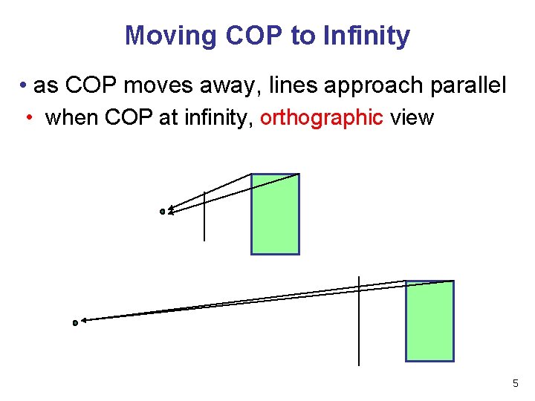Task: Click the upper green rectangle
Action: [x=275, y=214]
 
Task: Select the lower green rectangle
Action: [x=429, y=321]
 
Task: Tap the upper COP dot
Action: [x=163, y=212]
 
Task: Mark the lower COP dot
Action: [x=75, y=323]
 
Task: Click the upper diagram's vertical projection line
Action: [x=204, y=219]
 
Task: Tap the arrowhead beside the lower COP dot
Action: [x=84, y=321]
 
